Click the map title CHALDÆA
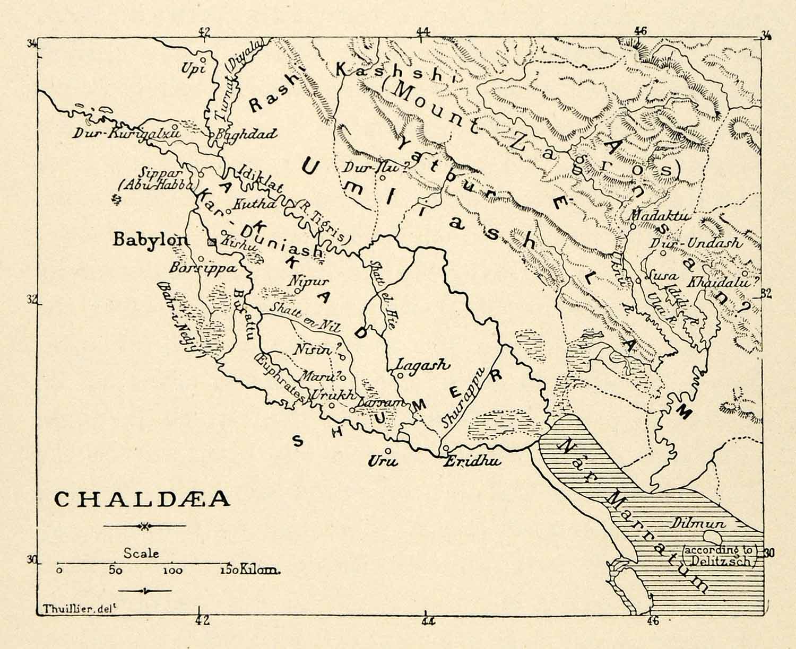click(x=142, y=499)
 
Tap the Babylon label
click(x=150, y=240)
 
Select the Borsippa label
click(x=203, y=268)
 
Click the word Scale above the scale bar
click(x=141, y=553)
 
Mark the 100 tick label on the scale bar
click(x=172, y=571)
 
